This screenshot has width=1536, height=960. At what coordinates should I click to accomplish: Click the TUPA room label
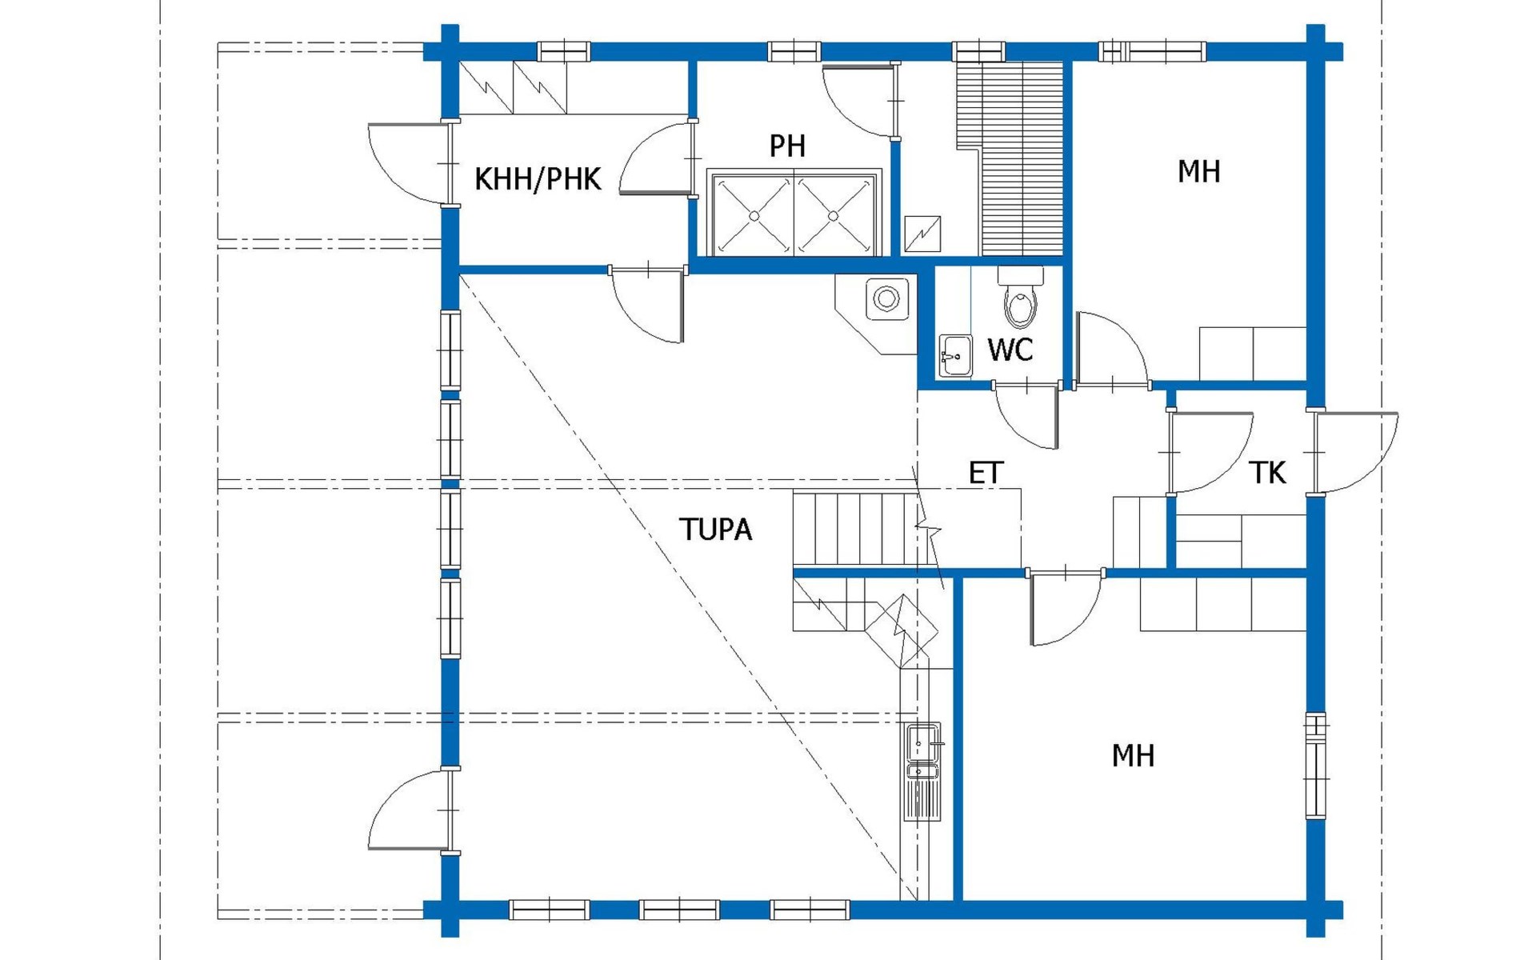tap(716, 530)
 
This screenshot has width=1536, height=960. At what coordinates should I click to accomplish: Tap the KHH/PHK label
tap(538, 179)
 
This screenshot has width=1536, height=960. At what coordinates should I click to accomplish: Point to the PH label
tap(787, 146)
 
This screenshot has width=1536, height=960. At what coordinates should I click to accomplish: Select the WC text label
tap(1010, 350)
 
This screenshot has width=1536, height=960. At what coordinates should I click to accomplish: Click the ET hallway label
tap(986, 474)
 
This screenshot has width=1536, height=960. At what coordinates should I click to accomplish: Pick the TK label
tap(1267, 474)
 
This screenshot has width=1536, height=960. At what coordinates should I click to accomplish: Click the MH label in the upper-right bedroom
tap(1198, 171)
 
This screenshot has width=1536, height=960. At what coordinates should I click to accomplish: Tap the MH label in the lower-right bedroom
tap(1133, 756)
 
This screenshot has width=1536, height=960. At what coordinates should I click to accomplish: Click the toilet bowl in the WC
tap(1020, 298)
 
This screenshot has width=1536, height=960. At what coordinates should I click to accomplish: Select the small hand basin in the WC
tap(955, 355)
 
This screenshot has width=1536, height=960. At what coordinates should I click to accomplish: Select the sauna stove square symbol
tap(922, 234)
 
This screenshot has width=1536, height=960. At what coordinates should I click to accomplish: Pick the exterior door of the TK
tap(1355, 452)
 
